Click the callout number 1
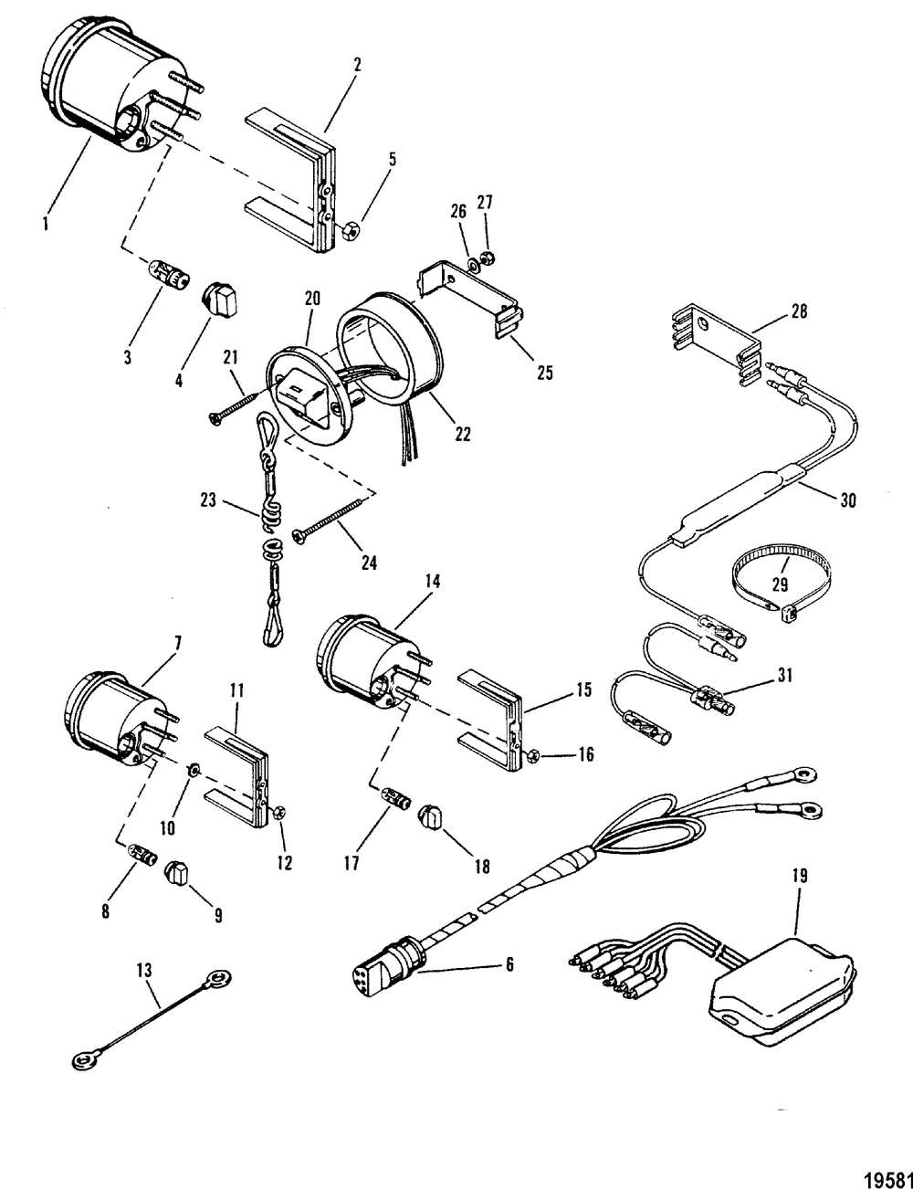[x=46, y=225]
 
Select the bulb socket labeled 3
[x=169, y=277]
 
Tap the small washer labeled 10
[x=194, y=771]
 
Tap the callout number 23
[x=208, y=500]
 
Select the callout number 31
[x=785, y=676]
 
